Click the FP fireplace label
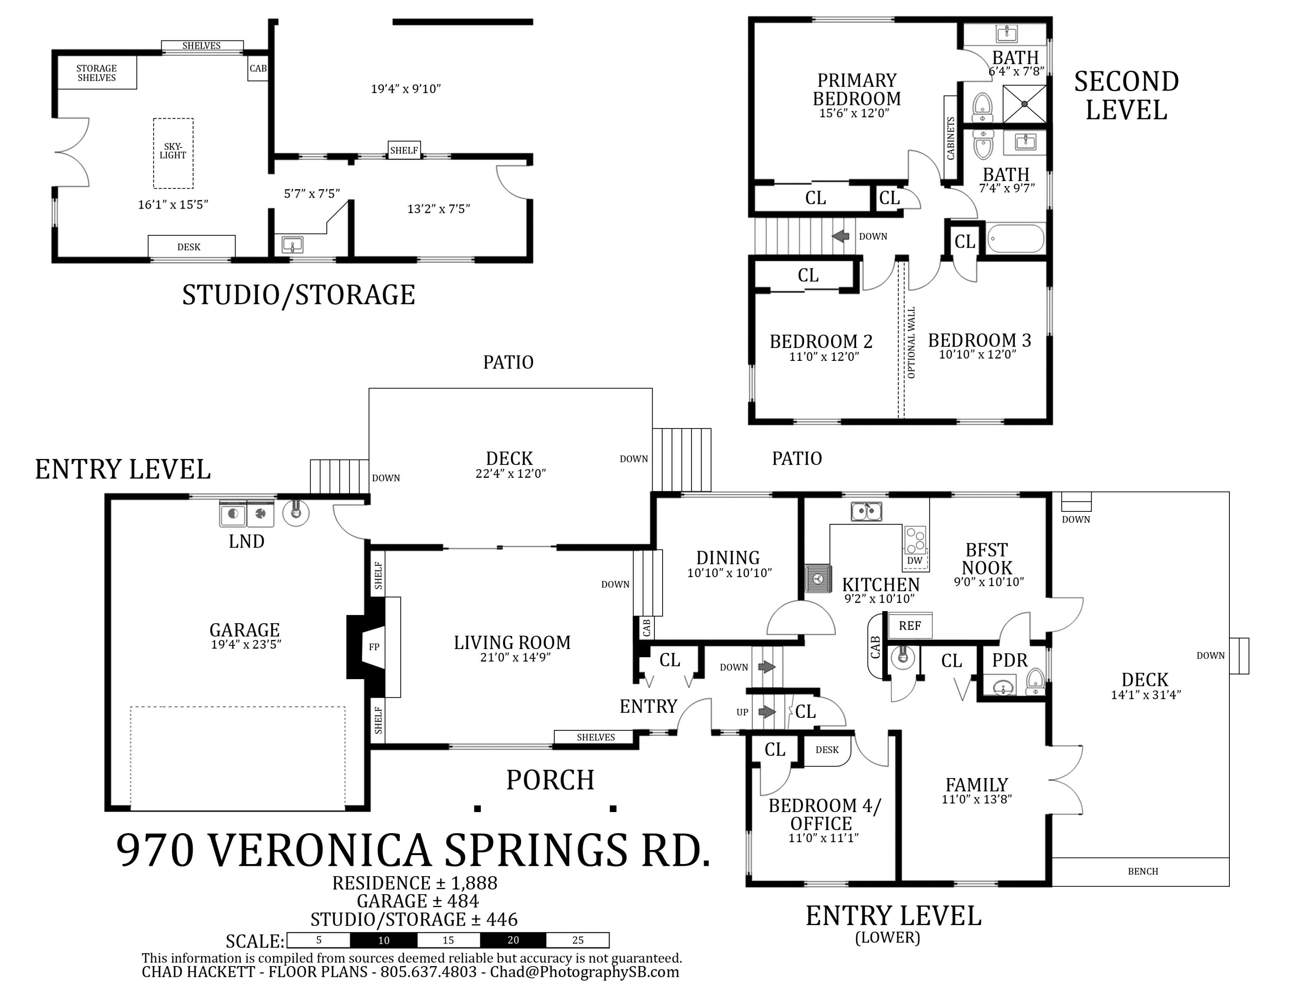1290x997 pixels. (x=374, y=647)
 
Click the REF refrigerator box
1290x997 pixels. (x=910, y=625)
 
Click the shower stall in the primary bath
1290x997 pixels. (x=1025, y=104)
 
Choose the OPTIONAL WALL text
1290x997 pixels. (x=912, y=342)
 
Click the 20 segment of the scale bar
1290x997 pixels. (x=513, y=940)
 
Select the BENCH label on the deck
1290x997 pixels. (x=1143, y=871)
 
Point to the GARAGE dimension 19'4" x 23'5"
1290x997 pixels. (x=246, y=644)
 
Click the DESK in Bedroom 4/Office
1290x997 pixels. (x=827, y=750)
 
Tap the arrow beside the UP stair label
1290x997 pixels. (x=767, y=712)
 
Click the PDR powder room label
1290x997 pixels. (x=1010, y=660)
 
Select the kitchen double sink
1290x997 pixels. (x=866, y=511)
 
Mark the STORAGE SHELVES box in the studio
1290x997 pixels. (x=97, y=73)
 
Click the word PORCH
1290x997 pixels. (x=550, y=780)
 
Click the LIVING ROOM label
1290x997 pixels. (x=512, y=643)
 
